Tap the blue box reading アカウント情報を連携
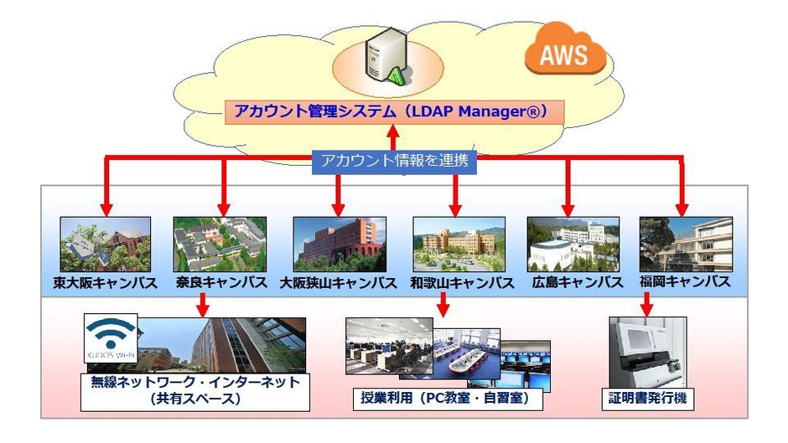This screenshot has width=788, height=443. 394,162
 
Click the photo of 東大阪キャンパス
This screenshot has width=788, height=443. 105,244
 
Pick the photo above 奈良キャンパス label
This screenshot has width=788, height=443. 220,244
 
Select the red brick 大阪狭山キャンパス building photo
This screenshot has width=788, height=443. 339,244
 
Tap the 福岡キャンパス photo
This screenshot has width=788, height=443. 685,244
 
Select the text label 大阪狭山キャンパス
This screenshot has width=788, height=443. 338,282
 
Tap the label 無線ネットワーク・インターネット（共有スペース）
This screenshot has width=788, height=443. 194,390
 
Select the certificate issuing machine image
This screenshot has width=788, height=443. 646,351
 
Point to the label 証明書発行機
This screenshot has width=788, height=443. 646,398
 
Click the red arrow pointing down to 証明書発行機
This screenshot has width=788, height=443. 646,303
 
